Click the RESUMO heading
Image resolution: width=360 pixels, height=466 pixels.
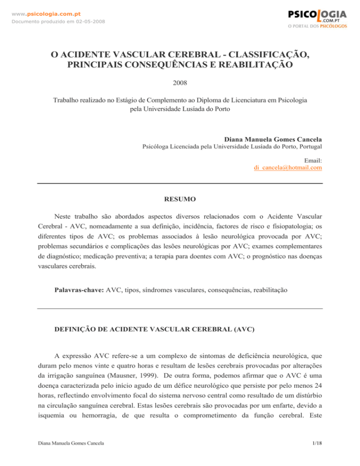point(180,199)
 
